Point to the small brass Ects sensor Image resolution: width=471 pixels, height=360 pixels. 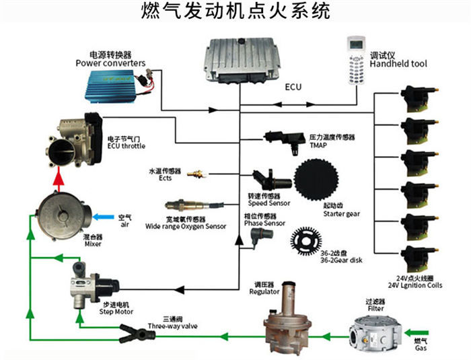(x=196, y=174)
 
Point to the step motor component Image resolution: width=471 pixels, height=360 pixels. (x=86, y=286)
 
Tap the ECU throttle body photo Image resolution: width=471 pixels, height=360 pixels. (x=77, y=137)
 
